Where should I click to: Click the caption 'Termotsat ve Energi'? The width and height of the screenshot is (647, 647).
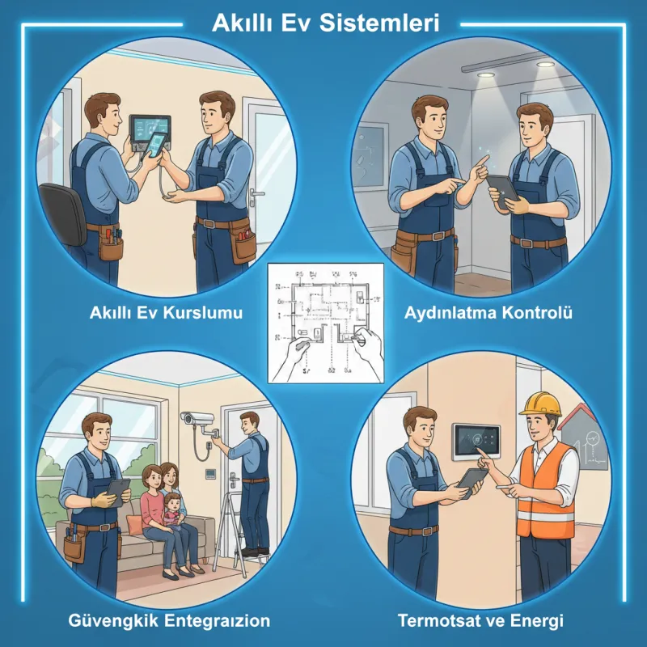[x=480, y=621]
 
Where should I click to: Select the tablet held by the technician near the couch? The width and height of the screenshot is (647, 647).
[x=118, y=490]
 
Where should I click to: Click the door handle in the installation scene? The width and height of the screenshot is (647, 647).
[x=258, y=195]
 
